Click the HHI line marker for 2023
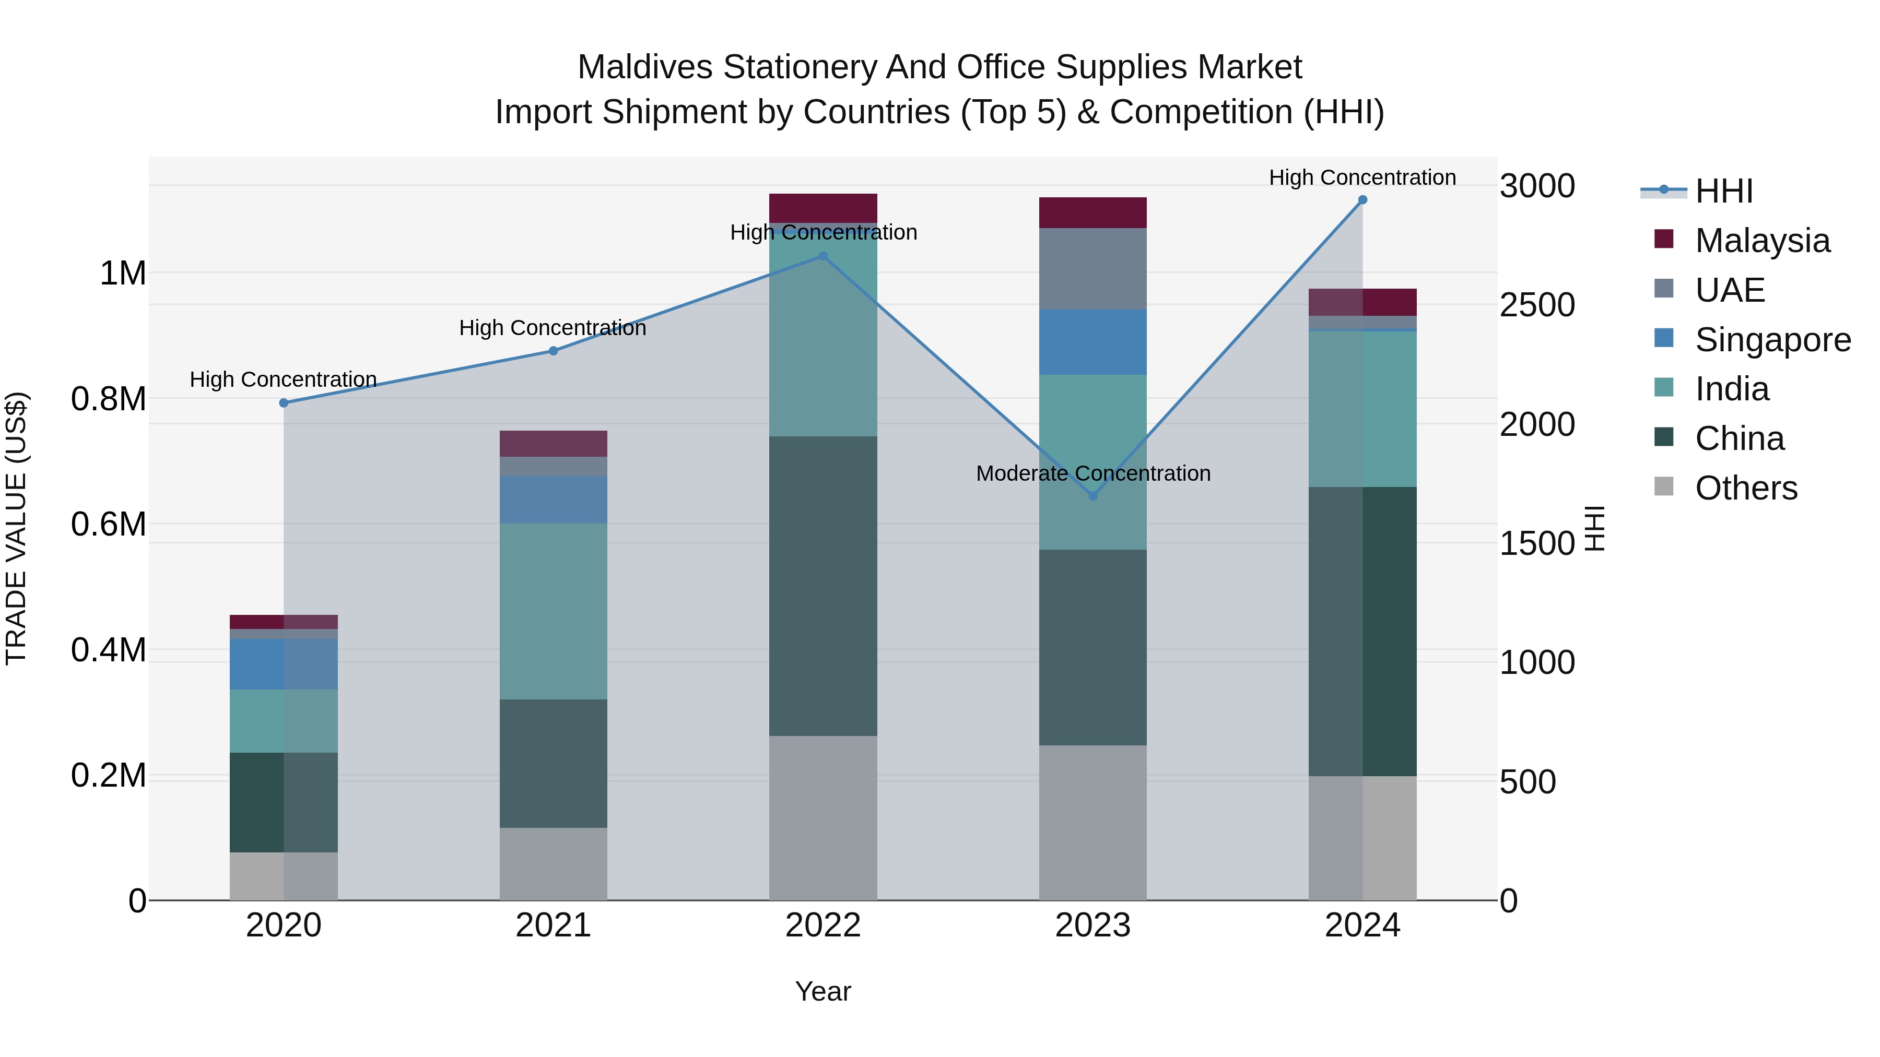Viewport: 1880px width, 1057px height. (x=1092, y=496)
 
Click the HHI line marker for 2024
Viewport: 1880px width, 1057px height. (x=1362, y=200)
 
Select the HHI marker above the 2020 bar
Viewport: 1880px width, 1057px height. (x=284, y=402)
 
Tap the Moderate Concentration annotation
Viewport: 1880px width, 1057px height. (x=1092, y=473)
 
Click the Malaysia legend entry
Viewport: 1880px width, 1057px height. (x=1762, y=241)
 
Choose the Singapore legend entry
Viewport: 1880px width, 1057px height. (x=1772, y=340)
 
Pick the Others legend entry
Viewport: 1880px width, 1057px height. (x=1746, y=488)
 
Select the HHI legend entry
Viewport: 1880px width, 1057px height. (x=1723, y=191)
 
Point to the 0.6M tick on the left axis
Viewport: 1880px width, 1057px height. (x=109, y=525)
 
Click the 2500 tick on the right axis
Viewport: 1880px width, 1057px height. (x=1537, y=305)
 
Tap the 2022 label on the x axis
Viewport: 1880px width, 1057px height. (x=822, y=925)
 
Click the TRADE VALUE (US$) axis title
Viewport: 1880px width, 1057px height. (x=17, y=528)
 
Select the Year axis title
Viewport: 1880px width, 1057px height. (x=822, y=991)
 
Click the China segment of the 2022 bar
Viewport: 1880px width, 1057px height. (x=822, y=586)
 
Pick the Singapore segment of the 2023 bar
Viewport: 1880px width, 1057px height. (x=1092, y=342)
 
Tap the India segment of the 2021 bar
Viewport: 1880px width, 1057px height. (x=553, y=611)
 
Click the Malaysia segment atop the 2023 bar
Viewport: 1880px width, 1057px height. (x=1092, y=212)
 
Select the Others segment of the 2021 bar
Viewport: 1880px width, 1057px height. (x=553, y=864)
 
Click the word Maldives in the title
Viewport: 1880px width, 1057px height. (x=644, y=67)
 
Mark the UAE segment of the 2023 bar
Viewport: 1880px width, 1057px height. (x=1092, y=268)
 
